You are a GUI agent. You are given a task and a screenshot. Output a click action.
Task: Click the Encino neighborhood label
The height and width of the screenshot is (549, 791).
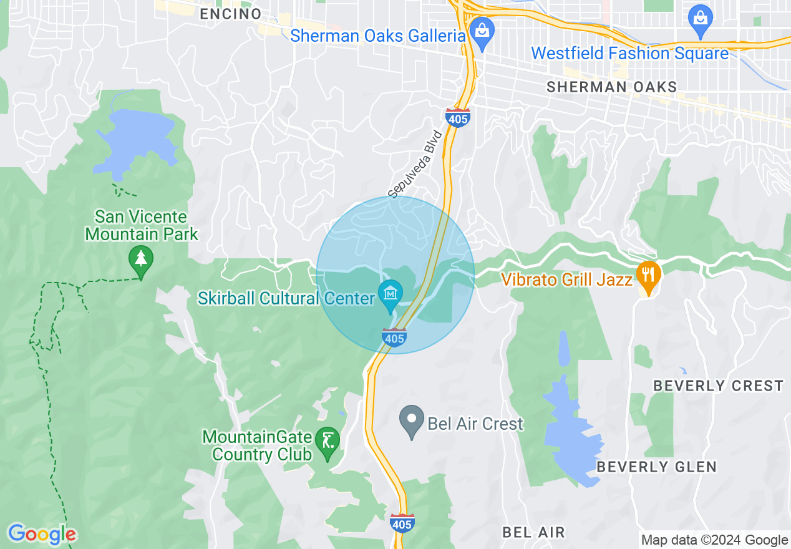tap(230, 14)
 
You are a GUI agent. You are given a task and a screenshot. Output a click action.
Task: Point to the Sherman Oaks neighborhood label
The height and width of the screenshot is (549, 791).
tap(611, 87)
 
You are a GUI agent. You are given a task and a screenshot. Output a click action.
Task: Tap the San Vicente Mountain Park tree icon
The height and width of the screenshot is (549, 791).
tap(141, 258)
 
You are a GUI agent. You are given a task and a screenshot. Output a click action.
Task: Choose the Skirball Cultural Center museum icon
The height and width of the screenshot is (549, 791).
tap(391, 293)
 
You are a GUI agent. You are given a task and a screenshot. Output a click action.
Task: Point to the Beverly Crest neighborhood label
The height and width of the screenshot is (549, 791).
tap(718, 386)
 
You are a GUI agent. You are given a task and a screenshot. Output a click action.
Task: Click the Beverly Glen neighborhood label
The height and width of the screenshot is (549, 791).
tap(656, 467)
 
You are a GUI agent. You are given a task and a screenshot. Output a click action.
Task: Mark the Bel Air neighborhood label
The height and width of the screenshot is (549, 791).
tap(533, 532)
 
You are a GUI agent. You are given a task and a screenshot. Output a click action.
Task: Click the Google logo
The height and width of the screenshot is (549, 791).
tap(42, 534)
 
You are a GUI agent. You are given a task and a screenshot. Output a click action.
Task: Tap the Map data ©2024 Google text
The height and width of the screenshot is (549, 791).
tap(715, 540)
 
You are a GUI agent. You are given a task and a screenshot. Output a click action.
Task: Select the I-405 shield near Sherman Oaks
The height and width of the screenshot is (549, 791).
tap(458, 117)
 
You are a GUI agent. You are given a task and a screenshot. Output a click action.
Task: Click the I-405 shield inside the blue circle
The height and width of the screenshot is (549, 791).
tap(394, 338)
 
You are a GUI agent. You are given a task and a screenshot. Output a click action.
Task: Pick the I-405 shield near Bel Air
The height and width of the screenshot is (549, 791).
tap(401, 523)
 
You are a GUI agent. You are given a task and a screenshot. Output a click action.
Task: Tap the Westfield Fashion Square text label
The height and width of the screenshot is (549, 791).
tap(629, 54)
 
